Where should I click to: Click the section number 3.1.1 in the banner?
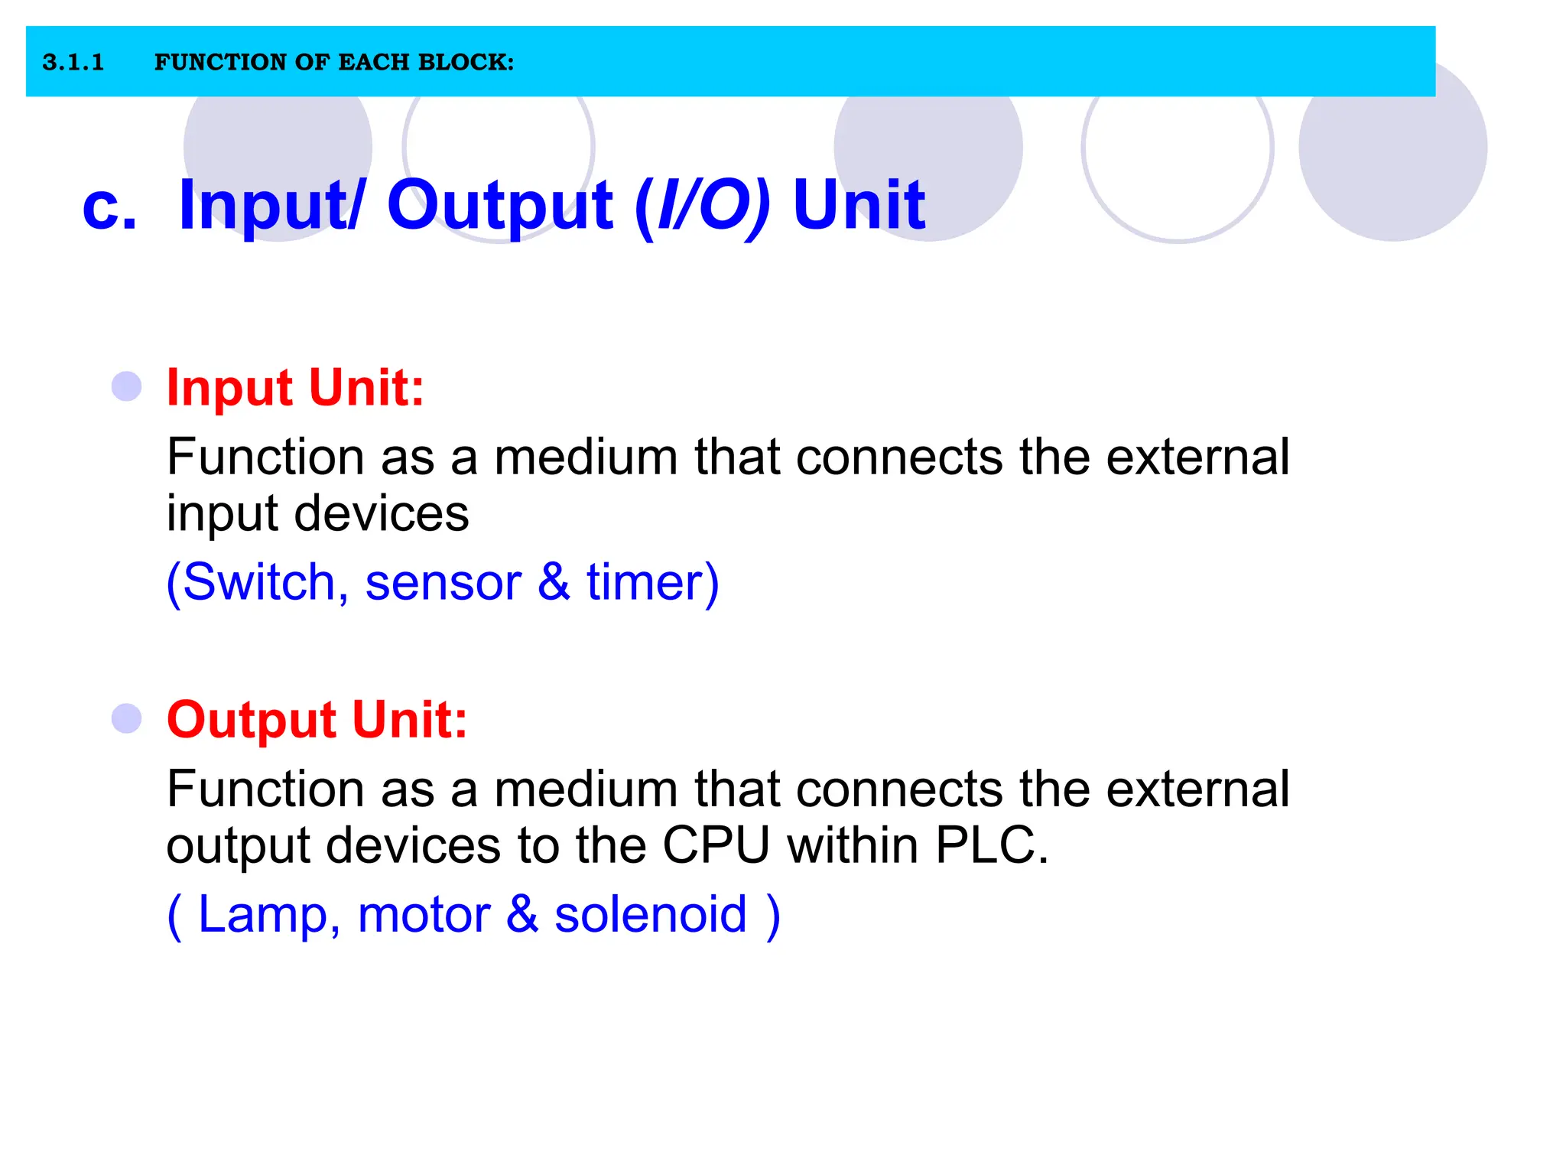click(73, 62)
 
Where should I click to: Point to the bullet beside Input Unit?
click(127, 386)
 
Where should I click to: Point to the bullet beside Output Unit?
click(127, 718)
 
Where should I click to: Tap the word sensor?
click(443, 582)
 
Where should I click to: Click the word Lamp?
click(263, 914)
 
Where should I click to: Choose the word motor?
click(424, 914)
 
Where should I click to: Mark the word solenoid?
click(650, 914)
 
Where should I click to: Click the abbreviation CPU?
click(716, 845)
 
